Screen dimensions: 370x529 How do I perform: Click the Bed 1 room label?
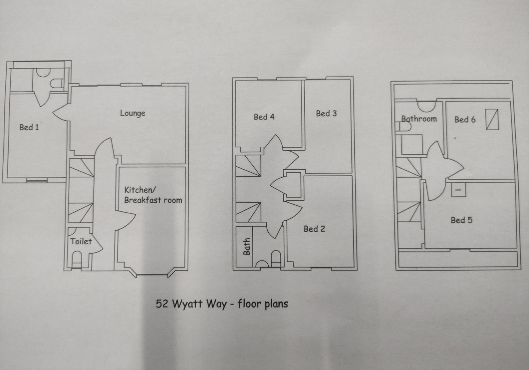(x=29, y=127)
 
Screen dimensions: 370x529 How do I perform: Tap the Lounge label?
(x=133, y=113)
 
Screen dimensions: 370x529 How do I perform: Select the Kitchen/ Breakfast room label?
(x=153, y=195)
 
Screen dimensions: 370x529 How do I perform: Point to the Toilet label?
(x=81, y=241)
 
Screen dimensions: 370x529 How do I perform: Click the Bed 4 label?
(x=264, y=117)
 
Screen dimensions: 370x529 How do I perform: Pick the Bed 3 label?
(x=326, y=114)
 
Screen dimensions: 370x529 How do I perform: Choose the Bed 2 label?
(x=314, y=229)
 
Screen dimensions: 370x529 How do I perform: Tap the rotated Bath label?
(x=247, y=246)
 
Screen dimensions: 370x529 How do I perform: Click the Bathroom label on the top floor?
(x=419, y=119)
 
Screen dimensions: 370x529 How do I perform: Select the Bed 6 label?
(x=465, y=120)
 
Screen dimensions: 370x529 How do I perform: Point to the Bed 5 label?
(x=461, y=220)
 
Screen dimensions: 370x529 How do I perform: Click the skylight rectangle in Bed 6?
(x=492, y=119)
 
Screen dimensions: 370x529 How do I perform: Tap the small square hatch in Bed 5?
(x=458, y=190)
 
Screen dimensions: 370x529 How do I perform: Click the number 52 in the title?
(x=162, y=304)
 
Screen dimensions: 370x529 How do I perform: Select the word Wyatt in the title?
(x=187, y=304)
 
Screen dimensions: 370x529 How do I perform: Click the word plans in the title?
(x=276, y=304)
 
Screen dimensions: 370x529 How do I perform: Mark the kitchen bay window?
(x=152, y=275)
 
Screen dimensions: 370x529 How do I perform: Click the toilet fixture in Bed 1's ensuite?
(x=57, y=83)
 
